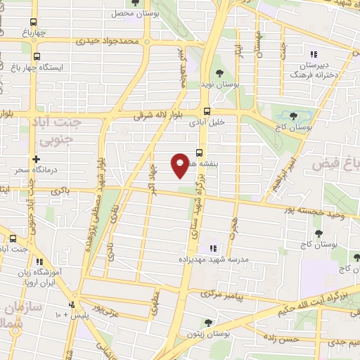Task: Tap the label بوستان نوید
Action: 221,84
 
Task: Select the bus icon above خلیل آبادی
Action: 206,110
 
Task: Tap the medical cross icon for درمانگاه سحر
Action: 36,160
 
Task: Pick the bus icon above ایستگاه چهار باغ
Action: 37,56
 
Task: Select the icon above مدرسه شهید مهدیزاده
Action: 212,247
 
